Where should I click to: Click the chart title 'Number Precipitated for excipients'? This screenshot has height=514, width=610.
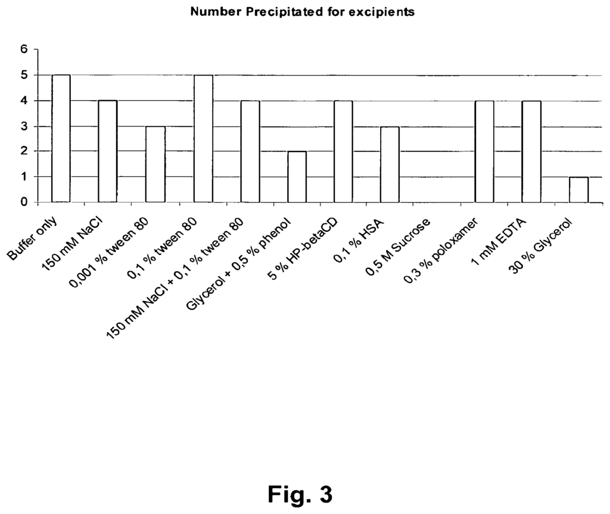(302, 12)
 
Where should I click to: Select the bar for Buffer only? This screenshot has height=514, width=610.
(61, 138)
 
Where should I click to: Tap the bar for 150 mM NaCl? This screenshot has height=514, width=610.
(107, 151)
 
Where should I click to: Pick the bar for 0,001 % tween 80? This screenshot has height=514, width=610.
(155, 164)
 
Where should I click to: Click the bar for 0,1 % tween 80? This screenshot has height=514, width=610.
(204, 138)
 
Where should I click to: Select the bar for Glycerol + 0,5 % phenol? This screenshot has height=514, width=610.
(297, 177)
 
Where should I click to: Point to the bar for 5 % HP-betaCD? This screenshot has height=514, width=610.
(343, 151)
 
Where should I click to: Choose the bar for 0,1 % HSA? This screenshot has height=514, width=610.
(390, 164)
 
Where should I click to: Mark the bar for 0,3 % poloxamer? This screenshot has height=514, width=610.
(484, 151)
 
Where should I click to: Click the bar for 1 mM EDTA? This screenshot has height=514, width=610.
(531, 151)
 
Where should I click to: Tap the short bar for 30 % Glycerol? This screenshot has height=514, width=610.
(579, 190)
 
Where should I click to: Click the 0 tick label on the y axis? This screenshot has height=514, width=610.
(24, 202)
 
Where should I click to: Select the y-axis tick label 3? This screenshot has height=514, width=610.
(24, 126)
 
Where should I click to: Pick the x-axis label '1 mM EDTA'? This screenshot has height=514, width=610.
(499, 241)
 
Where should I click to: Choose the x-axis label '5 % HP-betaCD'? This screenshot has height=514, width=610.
(302, 249)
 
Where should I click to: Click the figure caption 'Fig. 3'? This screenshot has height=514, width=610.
(300, 494)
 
